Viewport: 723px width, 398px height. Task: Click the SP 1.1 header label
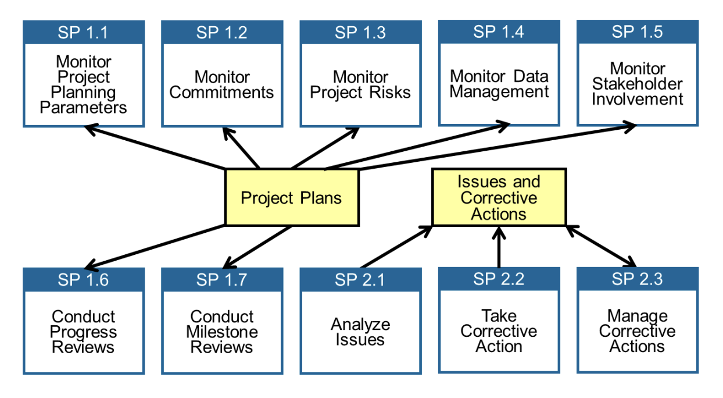pos(84,33)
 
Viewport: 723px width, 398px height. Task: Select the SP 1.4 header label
pos(499,31)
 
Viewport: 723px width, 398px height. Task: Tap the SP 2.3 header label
pos(637,279)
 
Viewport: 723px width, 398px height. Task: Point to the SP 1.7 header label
pos(221,280)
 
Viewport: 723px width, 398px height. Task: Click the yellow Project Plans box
pos(292,197)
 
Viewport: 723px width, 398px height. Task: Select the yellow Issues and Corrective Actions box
pos(499,198)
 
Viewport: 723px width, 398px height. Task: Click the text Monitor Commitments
pos(221,85)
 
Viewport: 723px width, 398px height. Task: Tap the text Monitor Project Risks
pos(360,85)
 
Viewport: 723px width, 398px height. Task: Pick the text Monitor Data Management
pos(499,84)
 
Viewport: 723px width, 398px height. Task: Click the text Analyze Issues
pos(360,332)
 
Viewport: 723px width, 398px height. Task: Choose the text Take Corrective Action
pos(499,331)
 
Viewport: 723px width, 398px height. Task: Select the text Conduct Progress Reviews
pos(84,332)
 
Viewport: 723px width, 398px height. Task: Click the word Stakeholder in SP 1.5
pos(637,84)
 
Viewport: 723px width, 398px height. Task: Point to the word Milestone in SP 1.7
pos(221,332)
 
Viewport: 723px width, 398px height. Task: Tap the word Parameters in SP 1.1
pos(84,108)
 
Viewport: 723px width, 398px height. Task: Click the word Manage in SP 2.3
pos(637,316)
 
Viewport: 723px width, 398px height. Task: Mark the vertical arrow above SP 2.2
pos(499,247)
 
